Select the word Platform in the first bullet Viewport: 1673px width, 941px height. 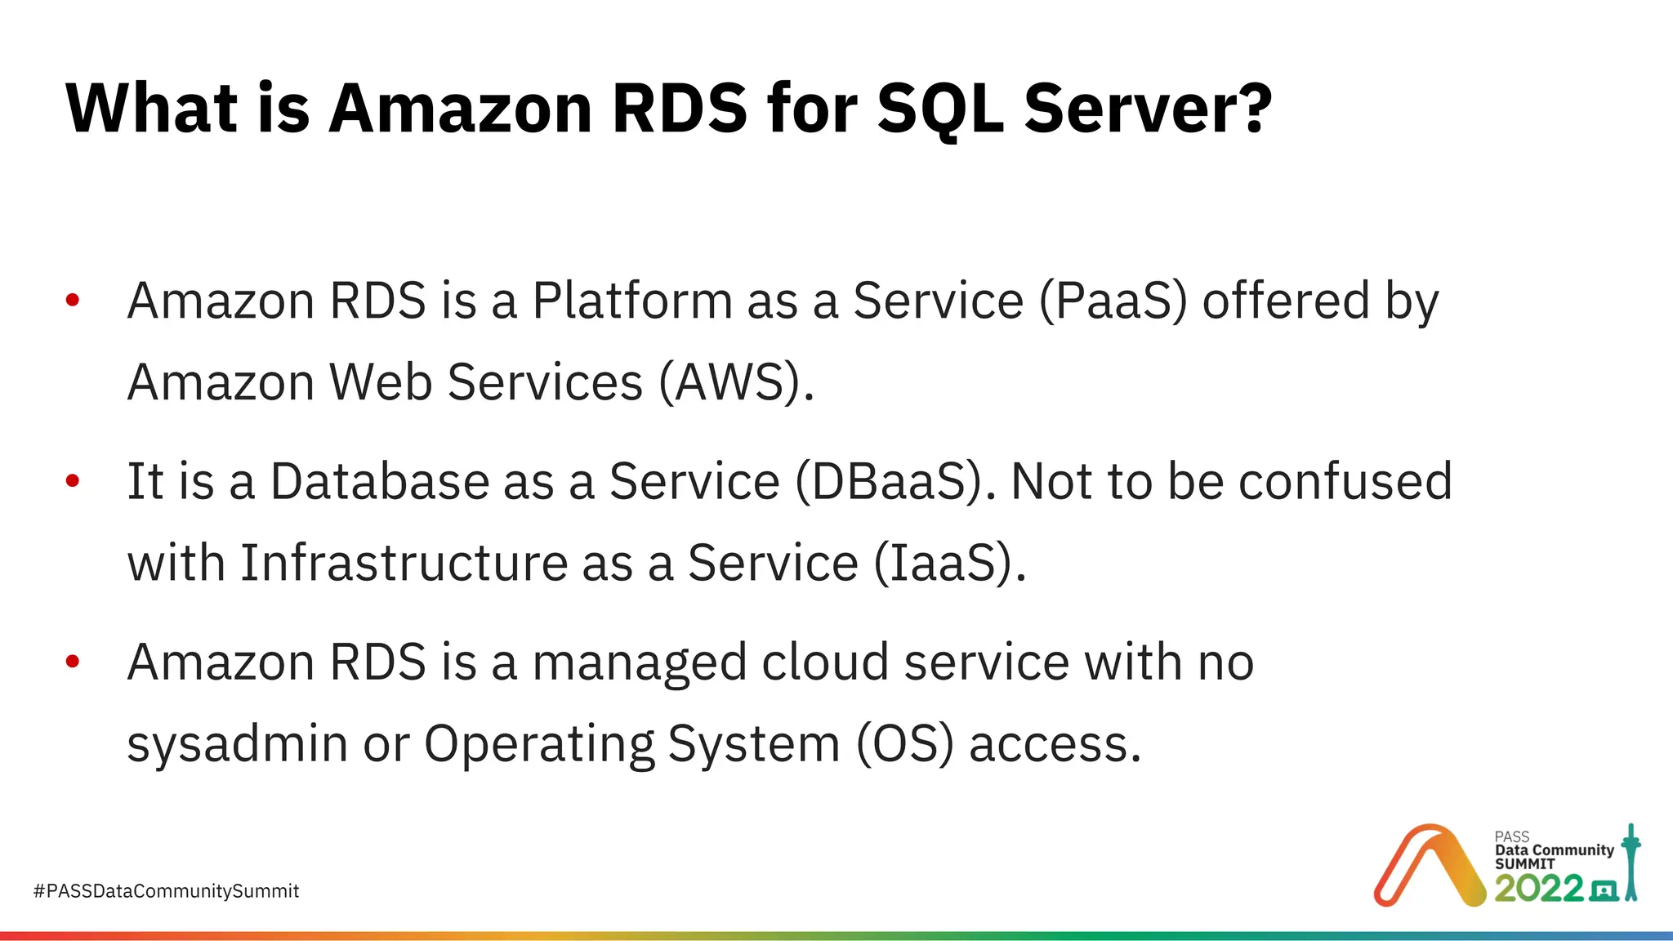631,301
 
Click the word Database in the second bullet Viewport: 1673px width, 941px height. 378,481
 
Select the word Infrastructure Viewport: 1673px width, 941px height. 404,563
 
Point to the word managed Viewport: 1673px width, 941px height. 639,662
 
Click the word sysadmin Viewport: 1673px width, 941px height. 238,744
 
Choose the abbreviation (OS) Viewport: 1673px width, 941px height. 904,744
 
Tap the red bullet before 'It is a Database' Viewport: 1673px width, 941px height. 73,481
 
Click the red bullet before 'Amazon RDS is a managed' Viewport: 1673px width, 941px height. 73,662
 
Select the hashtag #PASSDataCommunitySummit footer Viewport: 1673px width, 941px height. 166,891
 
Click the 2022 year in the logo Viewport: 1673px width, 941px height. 1538,888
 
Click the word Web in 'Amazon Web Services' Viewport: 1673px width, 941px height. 380,382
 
